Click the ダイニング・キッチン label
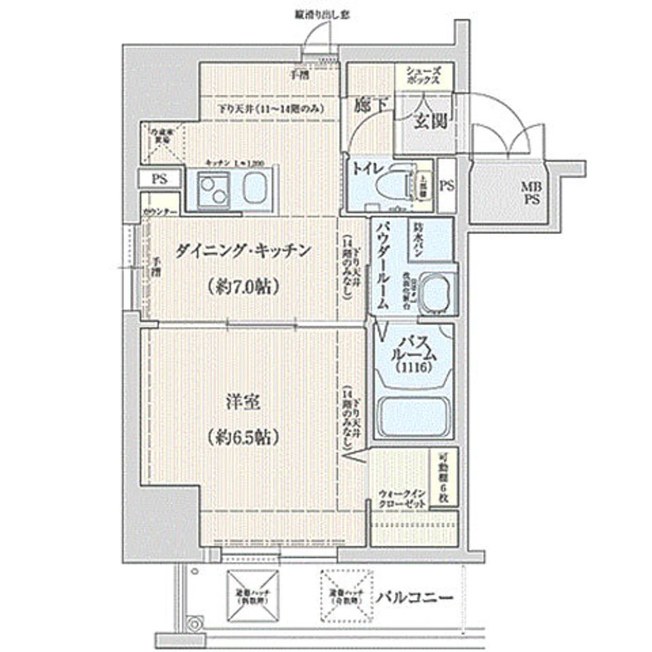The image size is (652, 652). (x=243, y=251)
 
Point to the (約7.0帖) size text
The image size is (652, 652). (x=243, y=286)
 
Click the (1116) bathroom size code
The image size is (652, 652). (x=414, y=368)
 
